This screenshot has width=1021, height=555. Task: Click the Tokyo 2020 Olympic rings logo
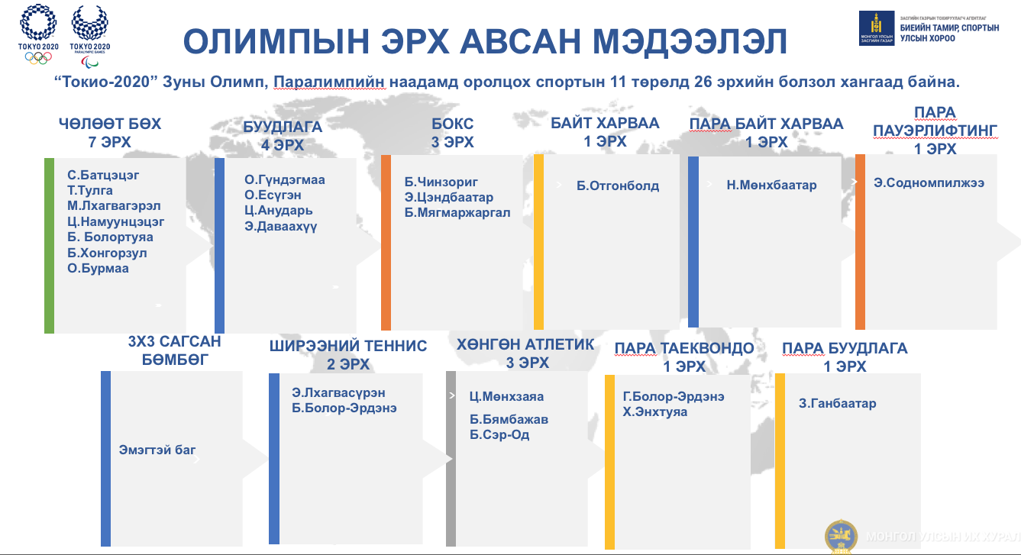(x=38, y=34)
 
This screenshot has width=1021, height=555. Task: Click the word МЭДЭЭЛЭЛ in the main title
(x=690, y=41)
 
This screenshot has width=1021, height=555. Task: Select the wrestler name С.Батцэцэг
(x=103, y=175)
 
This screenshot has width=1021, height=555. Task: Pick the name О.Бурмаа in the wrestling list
(x=98, y=269)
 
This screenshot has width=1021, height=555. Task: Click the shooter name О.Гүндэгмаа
(x=284, y=179)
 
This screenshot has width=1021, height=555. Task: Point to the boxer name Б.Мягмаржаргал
(x=457, y=213)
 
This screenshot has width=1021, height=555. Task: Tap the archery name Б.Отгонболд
(x=618, y=186)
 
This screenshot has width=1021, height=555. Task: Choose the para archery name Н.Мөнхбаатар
(x=771, y=185)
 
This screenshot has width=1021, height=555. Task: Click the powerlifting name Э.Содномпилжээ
(x=929, y=182)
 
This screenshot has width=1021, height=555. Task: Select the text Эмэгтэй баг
(x=157, y=450)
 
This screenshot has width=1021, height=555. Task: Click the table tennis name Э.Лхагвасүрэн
(x=338, y=393)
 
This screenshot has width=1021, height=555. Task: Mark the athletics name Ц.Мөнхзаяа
(x=506, y=396)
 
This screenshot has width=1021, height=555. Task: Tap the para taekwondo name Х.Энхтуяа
(x=655, y=412)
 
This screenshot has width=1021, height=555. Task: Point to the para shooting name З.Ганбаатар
(x=837, y=403)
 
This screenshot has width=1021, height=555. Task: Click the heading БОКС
(x=452, y=124)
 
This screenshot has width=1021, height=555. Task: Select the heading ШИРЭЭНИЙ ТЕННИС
(x=347, y=347)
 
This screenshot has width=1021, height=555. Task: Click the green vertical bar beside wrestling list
(x=49, y=246)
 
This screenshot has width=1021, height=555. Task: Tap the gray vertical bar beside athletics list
(x=451, y=458)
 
